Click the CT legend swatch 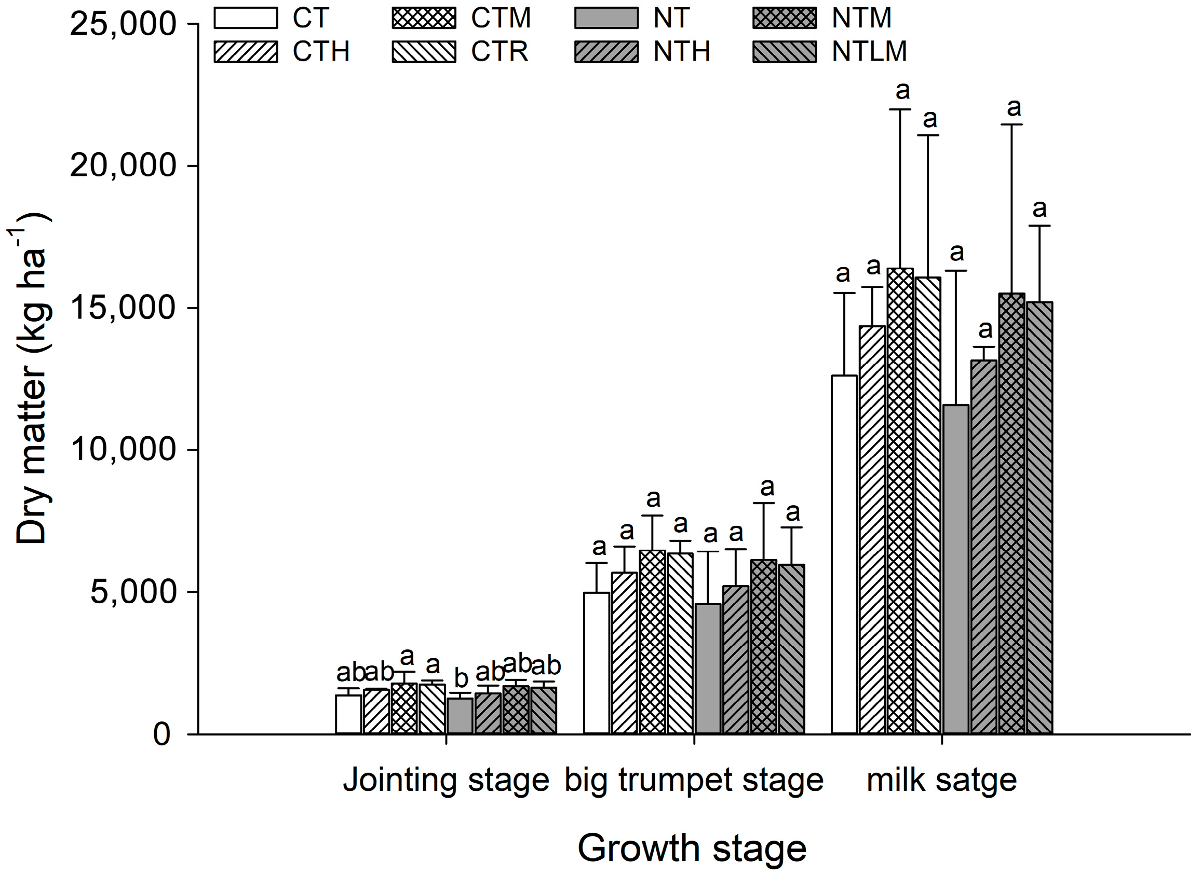click(246, 18)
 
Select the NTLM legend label click(869, 51)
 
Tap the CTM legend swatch click(424, 18)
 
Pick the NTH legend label click(681, 51)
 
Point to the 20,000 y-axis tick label click(123, 166)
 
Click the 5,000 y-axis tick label click(133, 592)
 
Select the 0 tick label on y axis click(162, 735)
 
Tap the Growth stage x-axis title click(692, 848)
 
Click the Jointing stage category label click(446, 780)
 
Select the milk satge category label click(941, 780)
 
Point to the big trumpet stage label click(694, 780)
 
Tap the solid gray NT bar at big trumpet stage click(708, 668)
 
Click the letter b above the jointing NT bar click(461, 678)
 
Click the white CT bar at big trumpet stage click(597, 663)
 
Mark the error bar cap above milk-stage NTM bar click(1011, 124)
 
